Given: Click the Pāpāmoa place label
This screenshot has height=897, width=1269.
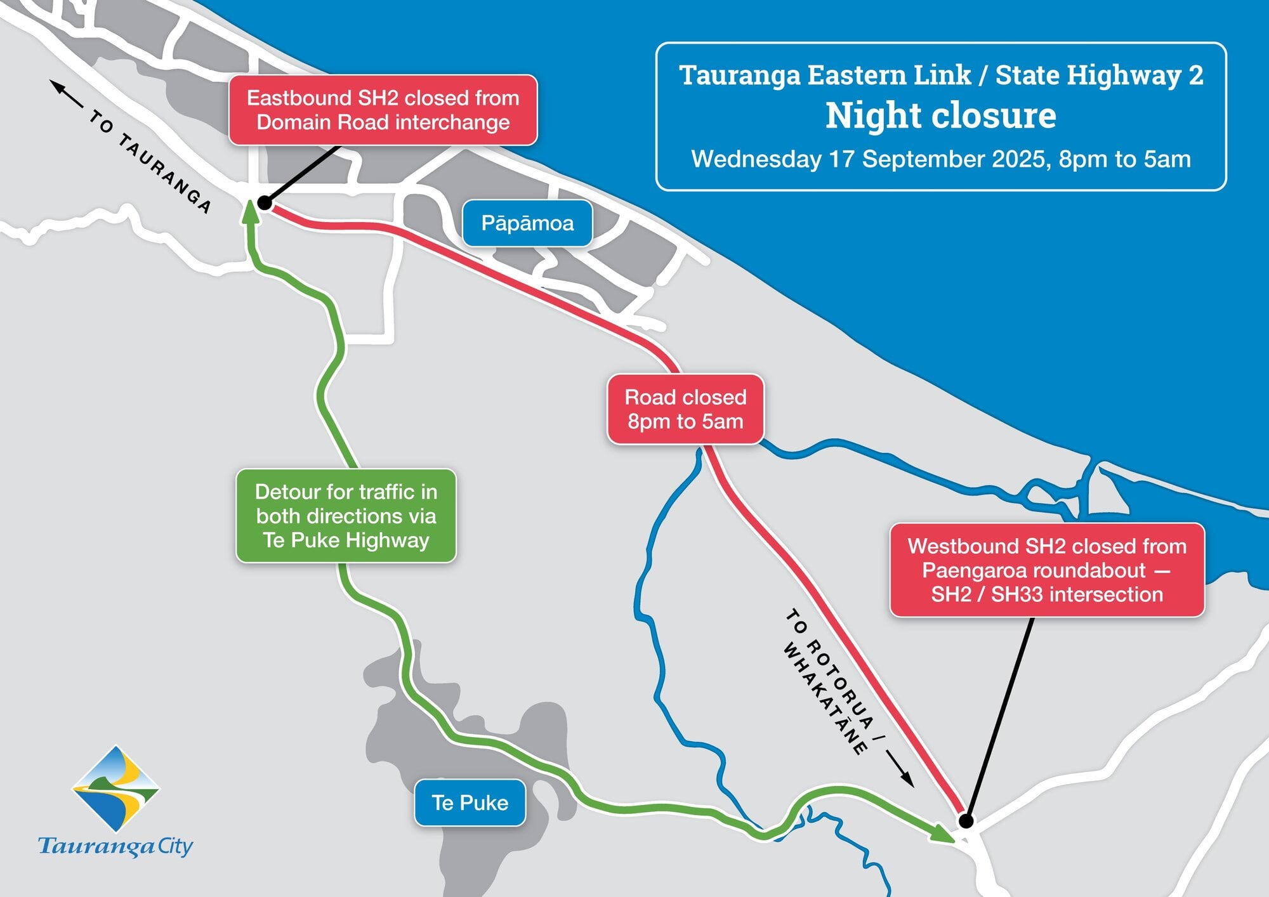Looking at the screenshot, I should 527,223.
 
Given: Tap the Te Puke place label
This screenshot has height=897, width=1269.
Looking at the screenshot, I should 470,803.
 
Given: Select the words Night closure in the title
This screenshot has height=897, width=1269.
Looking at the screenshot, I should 940,116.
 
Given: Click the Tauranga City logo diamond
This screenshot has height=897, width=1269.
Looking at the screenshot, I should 115,789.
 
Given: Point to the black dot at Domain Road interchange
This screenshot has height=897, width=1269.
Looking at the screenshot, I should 265,203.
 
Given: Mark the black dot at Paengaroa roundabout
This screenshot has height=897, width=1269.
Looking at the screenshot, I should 966,821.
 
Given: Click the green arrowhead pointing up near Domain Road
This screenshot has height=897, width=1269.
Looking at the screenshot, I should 250,211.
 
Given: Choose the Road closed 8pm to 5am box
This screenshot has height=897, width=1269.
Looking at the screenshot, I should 685,409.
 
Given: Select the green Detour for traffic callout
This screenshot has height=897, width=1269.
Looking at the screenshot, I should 346,516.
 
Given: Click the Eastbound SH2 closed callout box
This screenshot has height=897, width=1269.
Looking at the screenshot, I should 383,110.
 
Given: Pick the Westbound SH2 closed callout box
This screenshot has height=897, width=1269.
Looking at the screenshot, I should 1047,570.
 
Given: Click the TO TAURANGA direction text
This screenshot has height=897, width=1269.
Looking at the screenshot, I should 150,161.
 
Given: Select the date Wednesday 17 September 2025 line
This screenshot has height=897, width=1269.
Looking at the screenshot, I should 940,159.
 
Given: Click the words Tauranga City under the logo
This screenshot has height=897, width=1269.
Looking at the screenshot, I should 115,846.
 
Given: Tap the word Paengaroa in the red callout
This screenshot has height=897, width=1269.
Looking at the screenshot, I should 976,570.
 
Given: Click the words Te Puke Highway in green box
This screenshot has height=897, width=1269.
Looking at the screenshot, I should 346,540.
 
